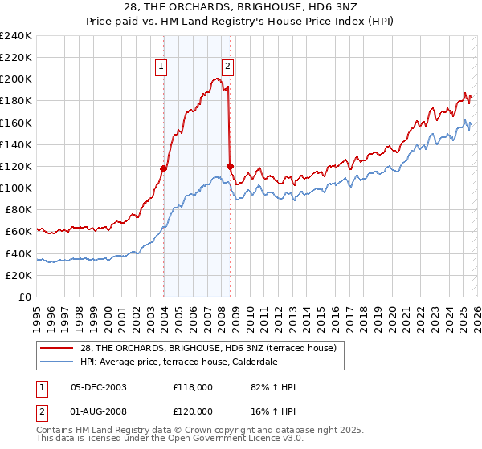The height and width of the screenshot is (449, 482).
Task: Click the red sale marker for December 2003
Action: [163, 168]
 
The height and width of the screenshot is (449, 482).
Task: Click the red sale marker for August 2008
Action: [230, 166]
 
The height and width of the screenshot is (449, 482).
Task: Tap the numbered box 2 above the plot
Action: [228, 67]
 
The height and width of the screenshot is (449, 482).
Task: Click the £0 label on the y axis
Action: [25, 297]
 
